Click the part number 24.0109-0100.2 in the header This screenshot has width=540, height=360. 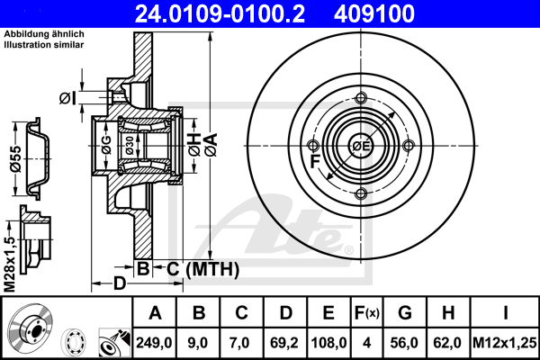click(220, 13)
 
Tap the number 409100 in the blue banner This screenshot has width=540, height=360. click(374, 13)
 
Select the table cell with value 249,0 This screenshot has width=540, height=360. click(154, 343)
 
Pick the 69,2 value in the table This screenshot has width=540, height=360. click(284, 343)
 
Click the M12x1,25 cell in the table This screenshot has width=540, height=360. click(505, 343)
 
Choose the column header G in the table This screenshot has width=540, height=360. click(405, 313)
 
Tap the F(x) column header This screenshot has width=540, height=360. click(367, 313)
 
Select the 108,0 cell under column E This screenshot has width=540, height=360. click(328, 343)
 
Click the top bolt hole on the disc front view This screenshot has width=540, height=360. click(361, 98)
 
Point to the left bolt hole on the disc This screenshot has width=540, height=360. click(313, 146)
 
